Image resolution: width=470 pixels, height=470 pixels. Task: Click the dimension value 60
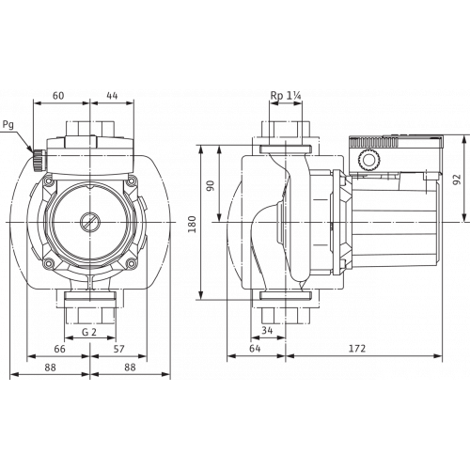[58, 95]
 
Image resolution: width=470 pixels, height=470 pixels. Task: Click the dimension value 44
[112, 95]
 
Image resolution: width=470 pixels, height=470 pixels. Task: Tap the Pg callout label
[8, 125]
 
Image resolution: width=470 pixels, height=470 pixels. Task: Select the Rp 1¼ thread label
[286, 96]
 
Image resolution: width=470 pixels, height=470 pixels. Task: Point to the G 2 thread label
[89, 332]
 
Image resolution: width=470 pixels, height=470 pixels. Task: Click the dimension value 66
[59, 349]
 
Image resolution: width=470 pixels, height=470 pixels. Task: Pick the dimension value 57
[118, 349]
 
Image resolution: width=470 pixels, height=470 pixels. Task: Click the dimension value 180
[193, 224]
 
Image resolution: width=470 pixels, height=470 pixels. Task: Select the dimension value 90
[211, 186]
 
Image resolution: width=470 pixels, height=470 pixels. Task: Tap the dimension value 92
[458, 180]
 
